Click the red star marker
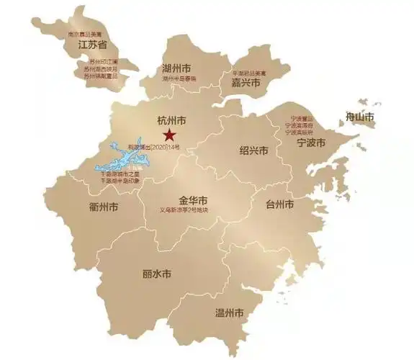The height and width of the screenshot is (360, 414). (x=168, y=135)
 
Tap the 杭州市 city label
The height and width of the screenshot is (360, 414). (x=171, y=120)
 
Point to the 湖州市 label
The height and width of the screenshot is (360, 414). (x=179, y=67)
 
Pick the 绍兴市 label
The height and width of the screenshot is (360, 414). (x=253, y=151)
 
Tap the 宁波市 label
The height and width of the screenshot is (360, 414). (x=312, y=143)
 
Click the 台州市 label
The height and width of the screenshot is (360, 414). (x=279, y=204)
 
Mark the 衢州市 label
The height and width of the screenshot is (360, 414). (x=104, y=207)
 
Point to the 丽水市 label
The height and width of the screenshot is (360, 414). (x=157, y=274)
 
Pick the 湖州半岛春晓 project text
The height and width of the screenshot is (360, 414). (x=179, y=78)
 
